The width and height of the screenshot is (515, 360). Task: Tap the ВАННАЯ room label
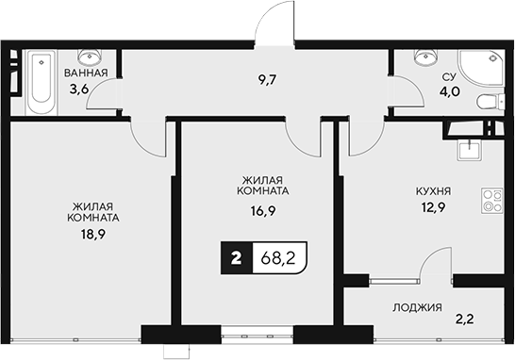85,72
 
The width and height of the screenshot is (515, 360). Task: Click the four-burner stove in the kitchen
490,199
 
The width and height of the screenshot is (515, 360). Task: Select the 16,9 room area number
262,213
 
